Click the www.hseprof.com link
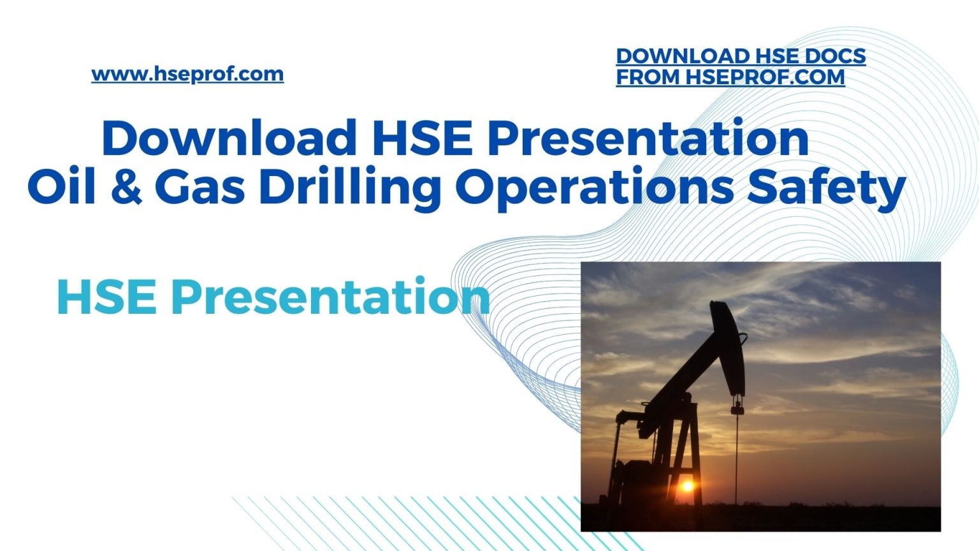[x=187, y=74]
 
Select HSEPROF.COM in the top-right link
[x=765, y=77]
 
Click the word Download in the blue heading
[x=229, y=138]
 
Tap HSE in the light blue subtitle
[x=106, y=297]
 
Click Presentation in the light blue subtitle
[x=330, y=297]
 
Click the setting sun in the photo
[x=687, y=486]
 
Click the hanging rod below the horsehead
[x=737, y=446]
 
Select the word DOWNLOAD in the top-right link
[x=682, y=56]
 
